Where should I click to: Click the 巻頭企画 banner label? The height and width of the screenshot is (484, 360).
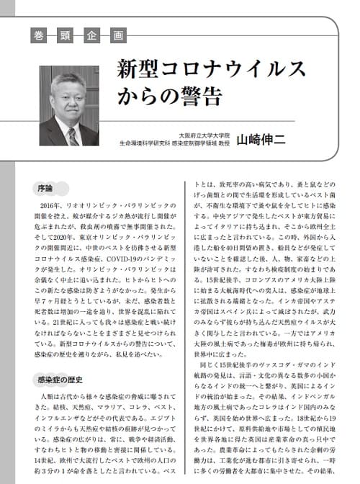point(78,35)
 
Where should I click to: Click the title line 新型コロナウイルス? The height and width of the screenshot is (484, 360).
point(212,70)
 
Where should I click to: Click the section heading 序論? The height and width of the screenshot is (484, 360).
point(44,189)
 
